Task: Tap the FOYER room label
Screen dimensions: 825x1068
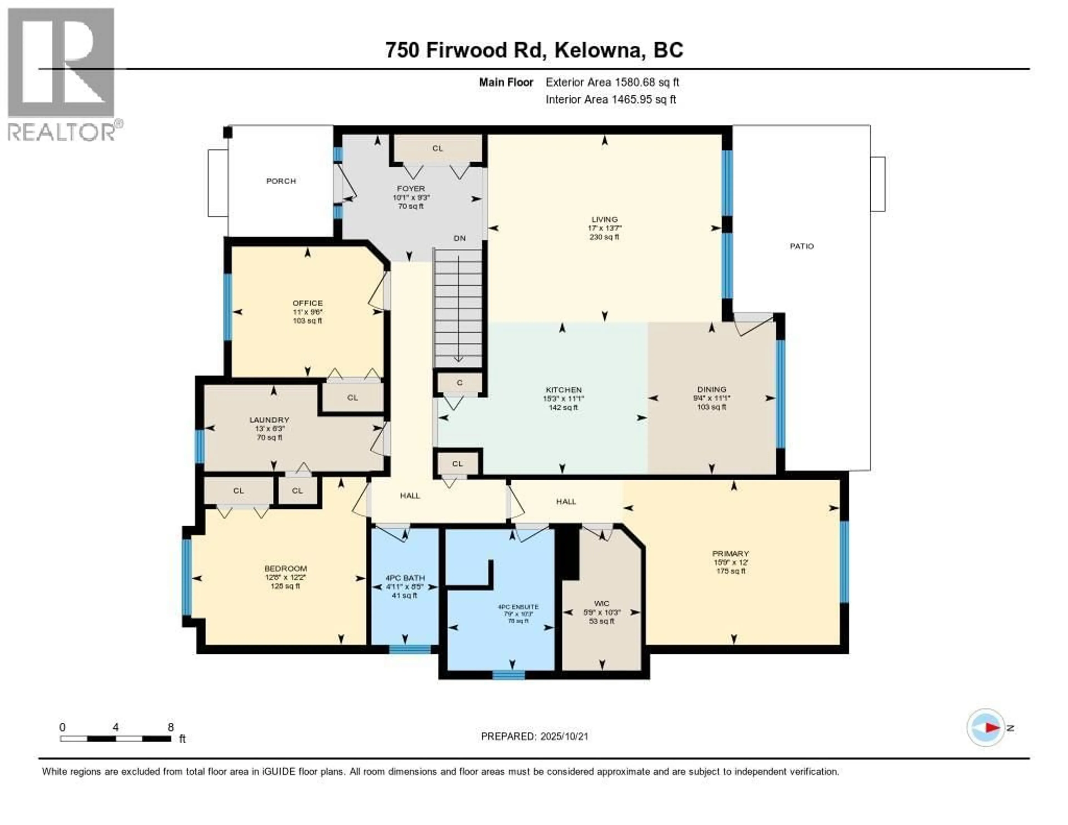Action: tap(411, 188)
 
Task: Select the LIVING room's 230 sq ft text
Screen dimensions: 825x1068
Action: tap(604, 237)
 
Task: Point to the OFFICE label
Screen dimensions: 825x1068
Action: tap(308, 303)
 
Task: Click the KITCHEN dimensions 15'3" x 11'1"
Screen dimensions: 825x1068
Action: tap(563, 399)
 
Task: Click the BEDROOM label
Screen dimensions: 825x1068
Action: tap(286, 568)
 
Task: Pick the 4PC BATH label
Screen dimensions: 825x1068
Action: tap(405, 577)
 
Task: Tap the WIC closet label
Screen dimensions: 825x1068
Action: tap(602, 604)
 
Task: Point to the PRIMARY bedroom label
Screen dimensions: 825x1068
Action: tap(731, 554)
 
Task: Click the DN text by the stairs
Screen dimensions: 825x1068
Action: tap(459, 239)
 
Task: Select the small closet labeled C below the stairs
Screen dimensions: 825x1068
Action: tap(459, 383)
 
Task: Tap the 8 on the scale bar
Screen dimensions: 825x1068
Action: tap(171, 727)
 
